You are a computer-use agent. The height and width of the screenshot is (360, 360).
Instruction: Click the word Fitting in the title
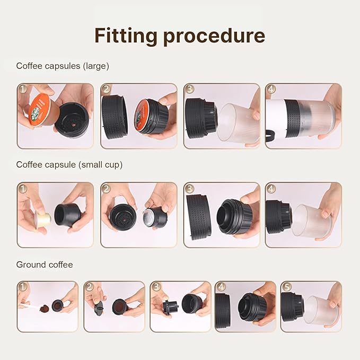125,36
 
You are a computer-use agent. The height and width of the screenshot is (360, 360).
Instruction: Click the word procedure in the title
214,36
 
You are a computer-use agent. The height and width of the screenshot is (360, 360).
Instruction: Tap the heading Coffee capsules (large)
63,66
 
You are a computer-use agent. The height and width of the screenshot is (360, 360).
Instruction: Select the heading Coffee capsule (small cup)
69,165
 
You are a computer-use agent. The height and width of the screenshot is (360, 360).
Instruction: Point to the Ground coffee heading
45,264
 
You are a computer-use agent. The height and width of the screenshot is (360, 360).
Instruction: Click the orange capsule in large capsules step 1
39,110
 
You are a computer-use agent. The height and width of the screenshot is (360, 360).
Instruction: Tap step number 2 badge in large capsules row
107,90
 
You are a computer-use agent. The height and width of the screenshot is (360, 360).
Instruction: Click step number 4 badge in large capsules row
271,90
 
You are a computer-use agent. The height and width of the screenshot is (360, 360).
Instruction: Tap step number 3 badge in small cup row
189,189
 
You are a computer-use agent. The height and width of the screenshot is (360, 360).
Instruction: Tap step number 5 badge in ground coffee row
286,287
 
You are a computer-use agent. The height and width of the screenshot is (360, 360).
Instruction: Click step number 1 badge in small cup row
23,189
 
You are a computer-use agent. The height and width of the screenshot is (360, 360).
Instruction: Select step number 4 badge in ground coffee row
221,287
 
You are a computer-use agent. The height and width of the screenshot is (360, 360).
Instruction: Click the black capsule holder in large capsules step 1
72,119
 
